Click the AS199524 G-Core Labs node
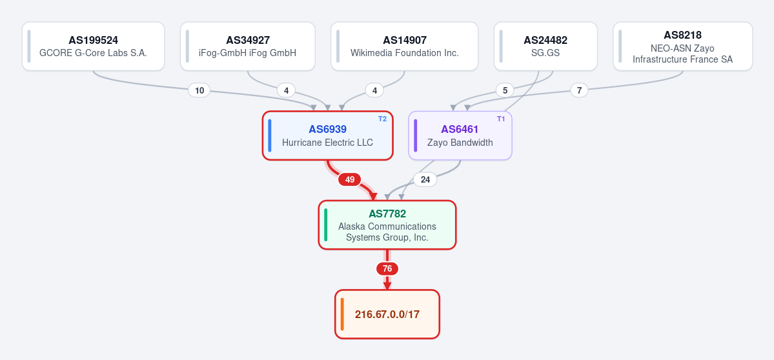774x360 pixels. [94, 46]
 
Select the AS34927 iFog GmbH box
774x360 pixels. [247, 46]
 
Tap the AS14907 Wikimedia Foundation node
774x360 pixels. [404, 46]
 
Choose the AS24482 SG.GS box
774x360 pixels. [545, 46]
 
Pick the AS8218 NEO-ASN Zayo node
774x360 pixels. [683, 46]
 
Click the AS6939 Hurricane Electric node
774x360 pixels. [327, 135]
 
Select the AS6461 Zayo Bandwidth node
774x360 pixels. [460, 135]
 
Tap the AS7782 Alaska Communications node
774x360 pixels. [387, 225]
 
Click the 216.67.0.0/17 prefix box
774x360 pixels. [387, 314]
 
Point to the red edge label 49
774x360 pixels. [349, 179]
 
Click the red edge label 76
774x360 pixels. [387, 269]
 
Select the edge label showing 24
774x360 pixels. [425, 179]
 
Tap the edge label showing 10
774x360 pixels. [199, 90]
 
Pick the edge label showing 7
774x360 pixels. [579, 90]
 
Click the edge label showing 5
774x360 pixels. [504, 90]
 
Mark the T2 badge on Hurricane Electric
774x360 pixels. [383, 119]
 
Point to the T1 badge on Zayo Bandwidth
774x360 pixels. [501, 119]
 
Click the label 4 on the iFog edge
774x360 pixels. [286, 90]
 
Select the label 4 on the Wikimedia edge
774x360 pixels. [374, 90]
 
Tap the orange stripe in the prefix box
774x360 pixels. [342, 314]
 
